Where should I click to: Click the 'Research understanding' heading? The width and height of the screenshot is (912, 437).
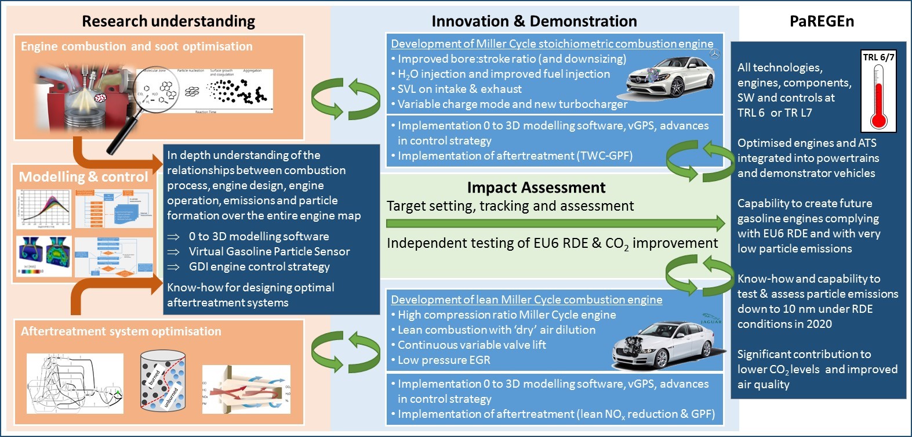point(168,21)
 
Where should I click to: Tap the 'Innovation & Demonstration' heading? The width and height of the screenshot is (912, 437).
point(533,21)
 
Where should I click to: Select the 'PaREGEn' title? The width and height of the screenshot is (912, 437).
point(822,21)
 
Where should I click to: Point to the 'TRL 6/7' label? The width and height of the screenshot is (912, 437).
point(878,57)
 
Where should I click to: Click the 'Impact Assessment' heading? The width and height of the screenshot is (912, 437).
point(536,187)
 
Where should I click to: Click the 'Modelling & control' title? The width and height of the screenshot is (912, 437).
point(83,177)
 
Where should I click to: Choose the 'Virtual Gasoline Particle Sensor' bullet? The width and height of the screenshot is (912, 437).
point(269,251)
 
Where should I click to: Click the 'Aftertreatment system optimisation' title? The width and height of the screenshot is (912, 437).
point(121,331)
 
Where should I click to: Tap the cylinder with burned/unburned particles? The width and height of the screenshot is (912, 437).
point(163,381)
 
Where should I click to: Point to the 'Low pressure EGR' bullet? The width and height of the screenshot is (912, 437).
point(444,360)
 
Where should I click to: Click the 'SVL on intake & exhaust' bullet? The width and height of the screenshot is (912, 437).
point(459,89)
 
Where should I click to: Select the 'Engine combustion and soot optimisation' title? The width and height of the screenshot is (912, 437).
point(137,46)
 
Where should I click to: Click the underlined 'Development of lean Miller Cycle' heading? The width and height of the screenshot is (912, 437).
point(526,299)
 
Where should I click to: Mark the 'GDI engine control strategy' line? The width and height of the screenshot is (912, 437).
point(259,266)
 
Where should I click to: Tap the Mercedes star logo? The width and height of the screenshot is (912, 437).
point(715,54)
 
